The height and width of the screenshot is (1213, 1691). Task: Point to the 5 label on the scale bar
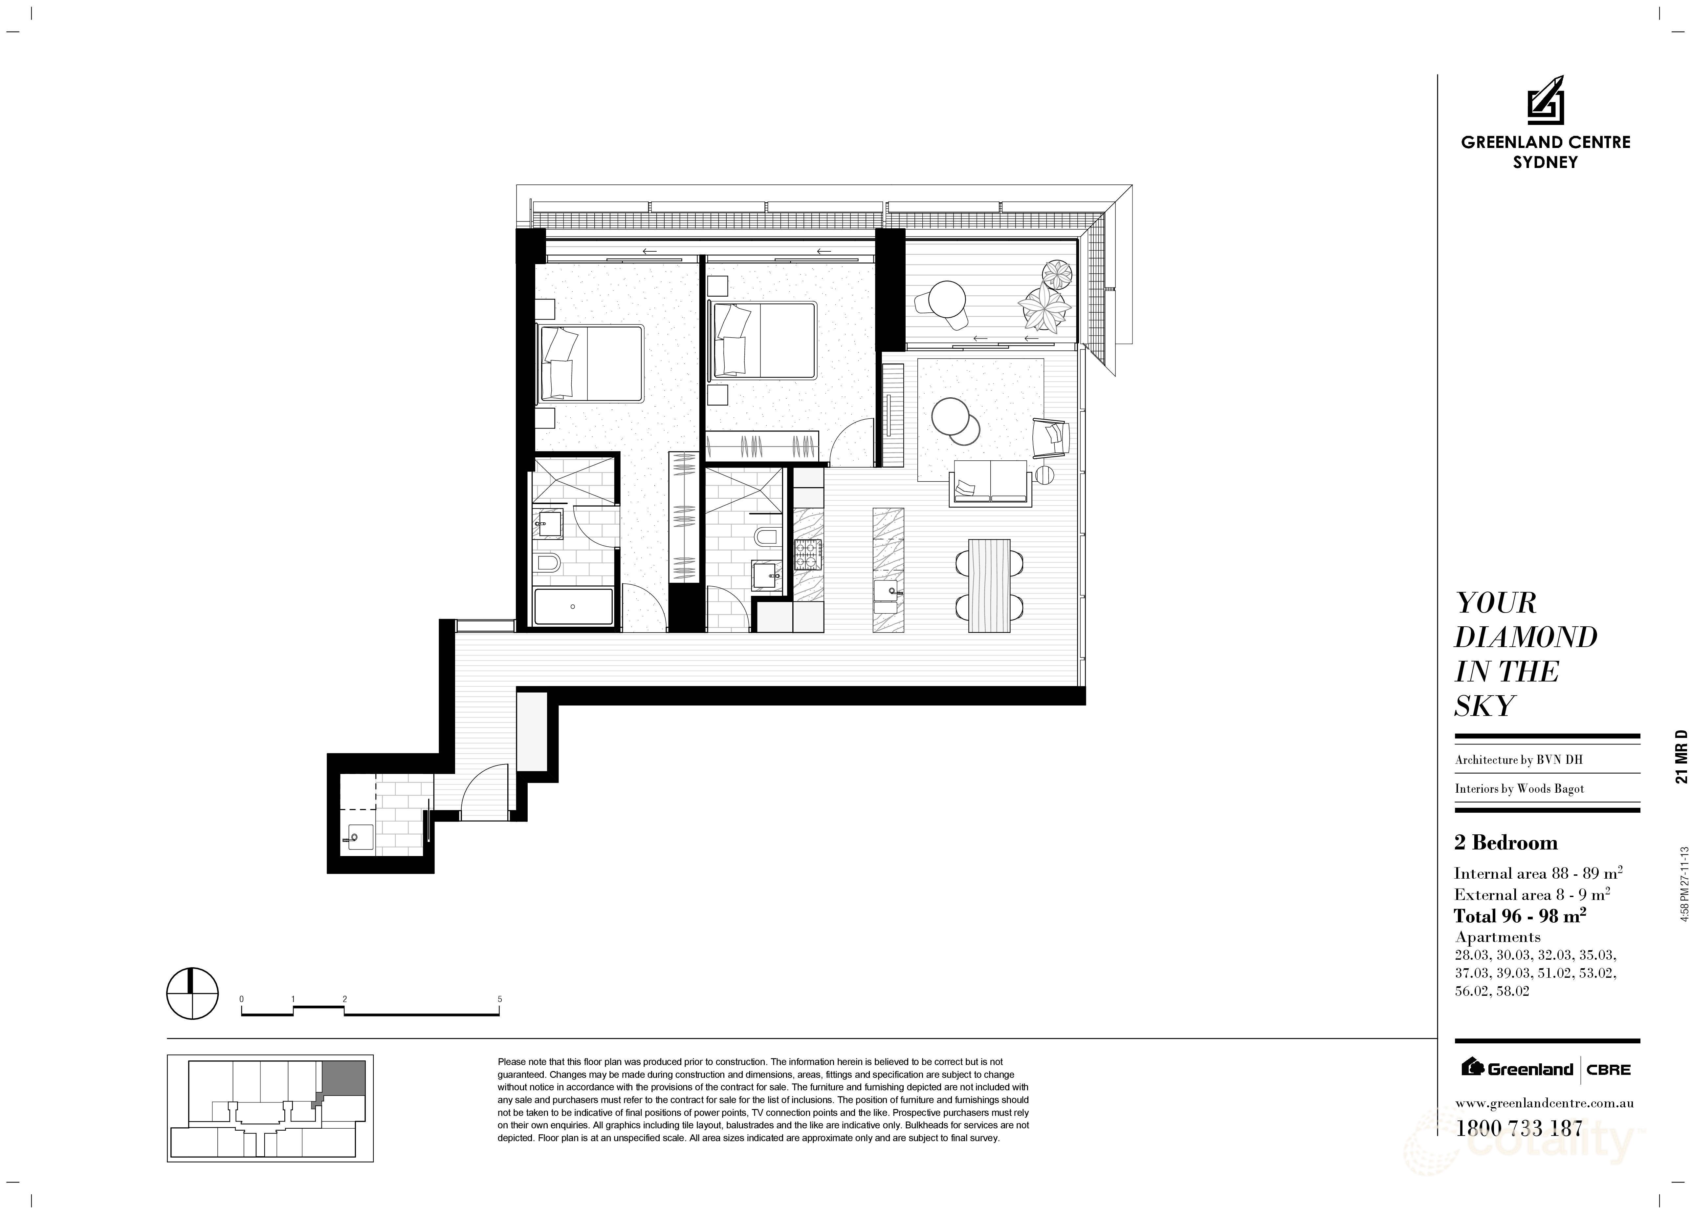(x=499, y=999)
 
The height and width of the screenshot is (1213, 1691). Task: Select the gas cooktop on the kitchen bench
(x=807, y=554)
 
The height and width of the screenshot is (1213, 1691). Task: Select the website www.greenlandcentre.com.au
(x=1544, y=1103)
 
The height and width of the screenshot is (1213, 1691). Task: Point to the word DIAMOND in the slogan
(x=1526, y=637)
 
